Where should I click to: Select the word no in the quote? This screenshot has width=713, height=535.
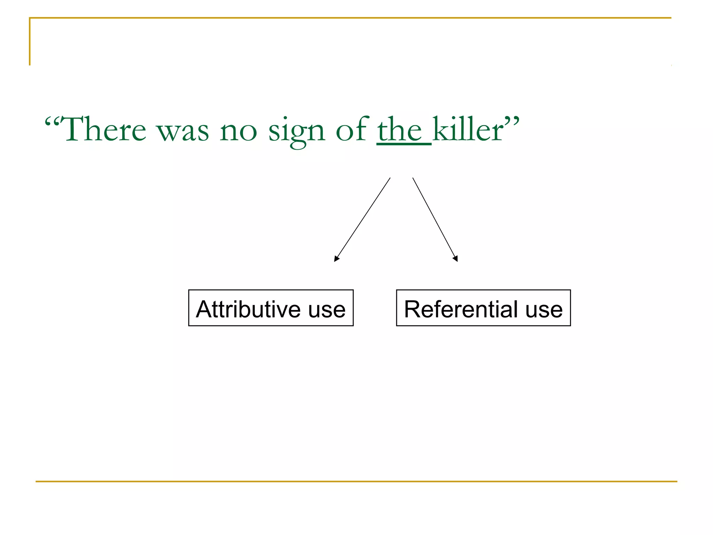click(238, 132)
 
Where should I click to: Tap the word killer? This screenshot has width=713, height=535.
click(468, 130)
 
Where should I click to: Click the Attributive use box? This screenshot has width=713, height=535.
click(271, 308)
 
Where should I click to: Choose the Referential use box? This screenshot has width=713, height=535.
click(483, 308)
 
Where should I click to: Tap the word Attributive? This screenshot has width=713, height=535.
click(248, 309)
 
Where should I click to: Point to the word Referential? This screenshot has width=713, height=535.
click(461, 309)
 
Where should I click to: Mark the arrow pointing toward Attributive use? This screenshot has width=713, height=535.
click(362, 219)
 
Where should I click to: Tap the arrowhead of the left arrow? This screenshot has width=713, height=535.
click(336, 258)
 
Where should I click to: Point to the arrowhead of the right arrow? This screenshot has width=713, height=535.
click(455, 258)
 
